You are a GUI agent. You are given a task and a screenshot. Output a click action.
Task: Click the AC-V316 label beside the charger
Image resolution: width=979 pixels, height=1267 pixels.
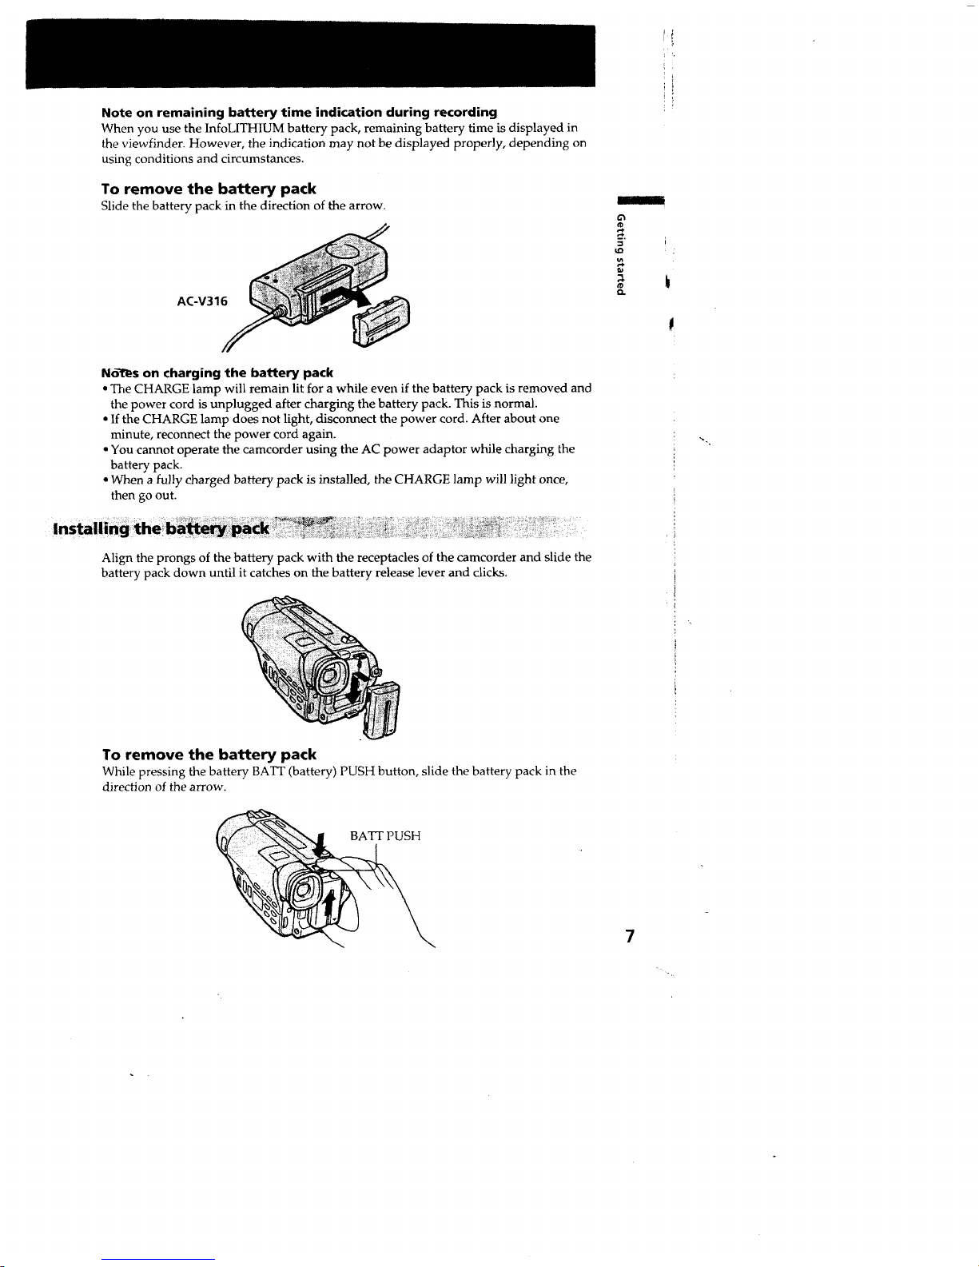(x=202, y=301)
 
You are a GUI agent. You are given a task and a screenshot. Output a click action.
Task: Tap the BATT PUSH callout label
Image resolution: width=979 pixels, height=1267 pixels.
(x=385, y=835)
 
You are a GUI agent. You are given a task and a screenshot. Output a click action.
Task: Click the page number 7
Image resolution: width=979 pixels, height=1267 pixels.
(x=630, y=936)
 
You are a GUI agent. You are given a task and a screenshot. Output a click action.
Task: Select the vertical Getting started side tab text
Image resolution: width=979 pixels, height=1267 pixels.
(x=622, y=255)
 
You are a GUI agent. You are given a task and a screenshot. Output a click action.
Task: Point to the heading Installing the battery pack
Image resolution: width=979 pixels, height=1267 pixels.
(x=161, y=529)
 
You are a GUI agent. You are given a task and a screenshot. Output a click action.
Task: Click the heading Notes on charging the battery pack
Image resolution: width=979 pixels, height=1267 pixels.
(x=217, y=373)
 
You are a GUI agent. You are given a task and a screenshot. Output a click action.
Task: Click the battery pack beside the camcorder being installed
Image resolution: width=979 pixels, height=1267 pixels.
(x=382, y=710)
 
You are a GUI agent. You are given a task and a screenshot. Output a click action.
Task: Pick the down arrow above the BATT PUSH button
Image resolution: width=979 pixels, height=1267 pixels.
(x=319, y=846)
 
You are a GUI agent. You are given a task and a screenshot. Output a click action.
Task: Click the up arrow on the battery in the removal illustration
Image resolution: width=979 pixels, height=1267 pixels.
(x=329, y=907)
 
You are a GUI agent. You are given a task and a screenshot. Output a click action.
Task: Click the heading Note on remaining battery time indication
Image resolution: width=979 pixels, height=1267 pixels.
(x=299, y=112)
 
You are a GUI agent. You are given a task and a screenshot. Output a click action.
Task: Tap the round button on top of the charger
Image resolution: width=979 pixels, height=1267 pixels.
(x=343, y=251)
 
